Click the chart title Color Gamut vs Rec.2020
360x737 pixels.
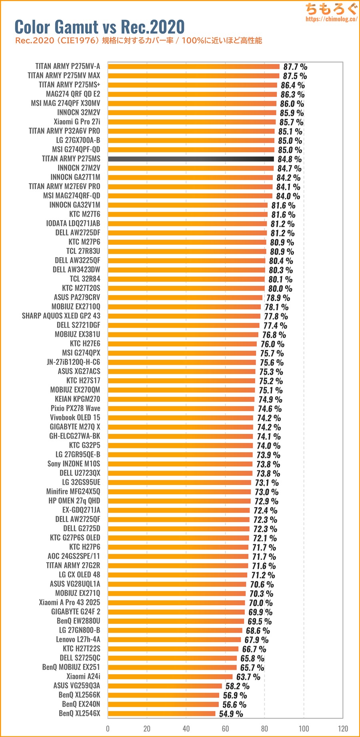(100, 27)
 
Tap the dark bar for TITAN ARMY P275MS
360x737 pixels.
(191, 159)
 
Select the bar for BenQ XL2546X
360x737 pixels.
(162, 713)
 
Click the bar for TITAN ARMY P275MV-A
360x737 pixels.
(194, 66)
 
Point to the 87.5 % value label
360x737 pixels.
(295, 76)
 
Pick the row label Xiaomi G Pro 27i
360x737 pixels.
(77, 122)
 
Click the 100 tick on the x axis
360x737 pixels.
(304, 729)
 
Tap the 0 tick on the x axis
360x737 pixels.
(108, 729)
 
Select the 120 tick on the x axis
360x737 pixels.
(343, 729)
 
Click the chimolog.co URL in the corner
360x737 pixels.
(331, 19)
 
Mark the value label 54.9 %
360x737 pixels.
(231, 714)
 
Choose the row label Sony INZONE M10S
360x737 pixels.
(74, 464)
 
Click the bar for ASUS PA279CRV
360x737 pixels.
(185, 298)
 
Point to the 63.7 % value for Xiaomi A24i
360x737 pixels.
(248, 677)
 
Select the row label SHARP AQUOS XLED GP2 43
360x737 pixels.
(61, 316)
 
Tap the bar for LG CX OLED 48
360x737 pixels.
(177, 575)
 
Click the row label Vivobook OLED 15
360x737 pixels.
(75, 417)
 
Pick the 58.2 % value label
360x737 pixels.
(237, 686)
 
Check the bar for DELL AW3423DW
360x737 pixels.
(186, 270)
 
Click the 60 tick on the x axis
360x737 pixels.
(225, 729)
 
